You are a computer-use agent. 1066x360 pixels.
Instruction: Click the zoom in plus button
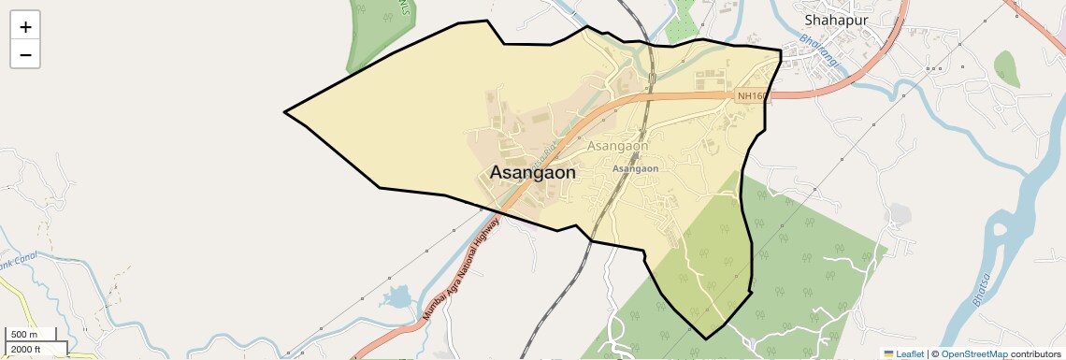click(x=25, y=27)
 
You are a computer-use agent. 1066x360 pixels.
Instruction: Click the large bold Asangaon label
click(x=533, y=172)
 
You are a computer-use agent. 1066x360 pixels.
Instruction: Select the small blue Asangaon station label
click(x=635, y=168)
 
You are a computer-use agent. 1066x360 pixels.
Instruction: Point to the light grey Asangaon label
click(x=617, y=146)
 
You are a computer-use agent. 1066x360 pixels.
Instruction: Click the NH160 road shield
click(x=752, y=95)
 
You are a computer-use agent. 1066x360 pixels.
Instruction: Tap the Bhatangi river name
click(x=820, y=51)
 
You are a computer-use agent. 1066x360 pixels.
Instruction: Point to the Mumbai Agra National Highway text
click(x=460, y=269)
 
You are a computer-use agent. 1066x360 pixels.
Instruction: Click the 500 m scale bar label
click(x=24, y=335)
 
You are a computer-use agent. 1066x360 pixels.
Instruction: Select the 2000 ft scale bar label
click(x=26, y=349)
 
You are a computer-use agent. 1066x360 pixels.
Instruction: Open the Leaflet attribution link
click(x=904, y=353)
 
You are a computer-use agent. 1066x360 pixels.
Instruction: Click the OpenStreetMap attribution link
click(x=973, y=353)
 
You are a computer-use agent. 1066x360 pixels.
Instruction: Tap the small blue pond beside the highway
click(x=396, y=298)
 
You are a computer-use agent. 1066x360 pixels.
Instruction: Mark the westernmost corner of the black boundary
click(x=284, y=113)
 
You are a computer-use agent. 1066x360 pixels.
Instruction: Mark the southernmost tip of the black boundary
click(x=706, y=338)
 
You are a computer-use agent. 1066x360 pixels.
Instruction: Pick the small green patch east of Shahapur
click(x=1006, y=67)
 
